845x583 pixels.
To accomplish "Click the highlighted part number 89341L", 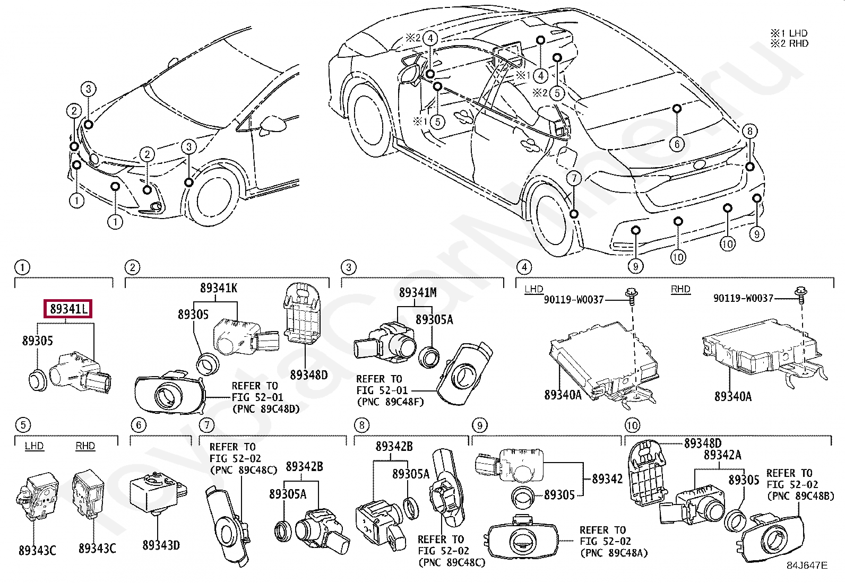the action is pyautogui.click(x=68, y=309).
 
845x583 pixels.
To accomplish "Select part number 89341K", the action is pyautogui.click(x=219, y=288).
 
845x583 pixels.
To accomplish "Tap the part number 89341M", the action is pyautogui.click(x=418, y=292).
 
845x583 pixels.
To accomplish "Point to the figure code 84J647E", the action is pyautogui.click(x=807, y=565).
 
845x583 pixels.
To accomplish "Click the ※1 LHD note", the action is pyautogui.click(x=789, y=33).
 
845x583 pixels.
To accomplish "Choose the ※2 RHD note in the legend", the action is pyautogui.click(x=789, y=43).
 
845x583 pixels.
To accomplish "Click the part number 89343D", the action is pyautogui.click(x=161, y=545).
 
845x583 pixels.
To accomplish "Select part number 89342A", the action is pyautogui.click(x=722, y=455).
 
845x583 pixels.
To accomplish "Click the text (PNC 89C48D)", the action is pyautogui.click(x=266, y=409).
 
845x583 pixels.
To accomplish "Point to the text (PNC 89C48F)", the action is pyautogui.click(x=391, y=402).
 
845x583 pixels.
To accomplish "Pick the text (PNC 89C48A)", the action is pyautogui.click(x=614, y=553).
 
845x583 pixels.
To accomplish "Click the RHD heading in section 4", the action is pyautogui.click(x=680, y=289).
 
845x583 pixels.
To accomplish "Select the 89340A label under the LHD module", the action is pyautogui.click(x=563, y=395).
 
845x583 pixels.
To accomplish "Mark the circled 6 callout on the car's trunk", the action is pyautogui.click(x=677, y=144).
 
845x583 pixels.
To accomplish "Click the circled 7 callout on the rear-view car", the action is pyautogui.click(x=574, y=178).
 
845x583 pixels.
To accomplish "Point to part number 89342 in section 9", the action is pyautogui.click(x=607, y=479).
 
